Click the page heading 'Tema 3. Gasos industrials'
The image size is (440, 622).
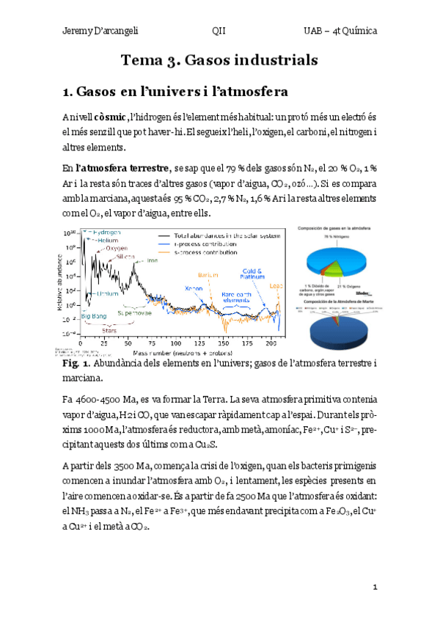coord(219,60)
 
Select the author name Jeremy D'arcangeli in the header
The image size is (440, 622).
coord(97,31)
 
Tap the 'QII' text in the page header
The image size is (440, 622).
coord(219,31)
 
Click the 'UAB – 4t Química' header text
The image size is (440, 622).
coord(341,31)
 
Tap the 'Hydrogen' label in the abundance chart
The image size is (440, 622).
coord(106,232)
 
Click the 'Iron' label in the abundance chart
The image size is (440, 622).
coord(153,260)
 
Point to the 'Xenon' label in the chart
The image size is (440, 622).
coord(193,288)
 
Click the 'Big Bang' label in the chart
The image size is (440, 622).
coord(93,316)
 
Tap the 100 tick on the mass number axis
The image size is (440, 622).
coord(175,343)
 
